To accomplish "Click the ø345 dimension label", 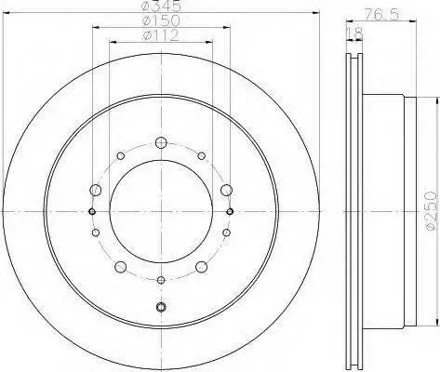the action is click(161, 6).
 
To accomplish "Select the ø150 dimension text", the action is click(161, 20).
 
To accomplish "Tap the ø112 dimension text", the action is click(161, 35).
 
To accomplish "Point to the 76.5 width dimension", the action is click(381, 15).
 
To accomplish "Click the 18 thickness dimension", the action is click(354, 33).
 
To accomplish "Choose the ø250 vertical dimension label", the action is click(432, 211).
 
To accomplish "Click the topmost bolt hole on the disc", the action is click(161, 142).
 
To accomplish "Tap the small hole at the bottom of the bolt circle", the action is click(161, 280).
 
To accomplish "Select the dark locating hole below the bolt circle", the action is click(161, 307).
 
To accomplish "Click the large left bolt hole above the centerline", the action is click(96, 190).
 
